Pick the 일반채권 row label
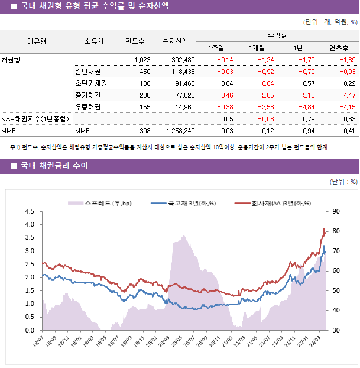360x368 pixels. (x=87, y=72)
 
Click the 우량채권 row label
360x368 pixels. (x=87, y=107)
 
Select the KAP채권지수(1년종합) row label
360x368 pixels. (x=34, y=119)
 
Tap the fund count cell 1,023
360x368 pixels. (x=142, y=60)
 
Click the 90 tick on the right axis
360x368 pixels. (x=337, y=211)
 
